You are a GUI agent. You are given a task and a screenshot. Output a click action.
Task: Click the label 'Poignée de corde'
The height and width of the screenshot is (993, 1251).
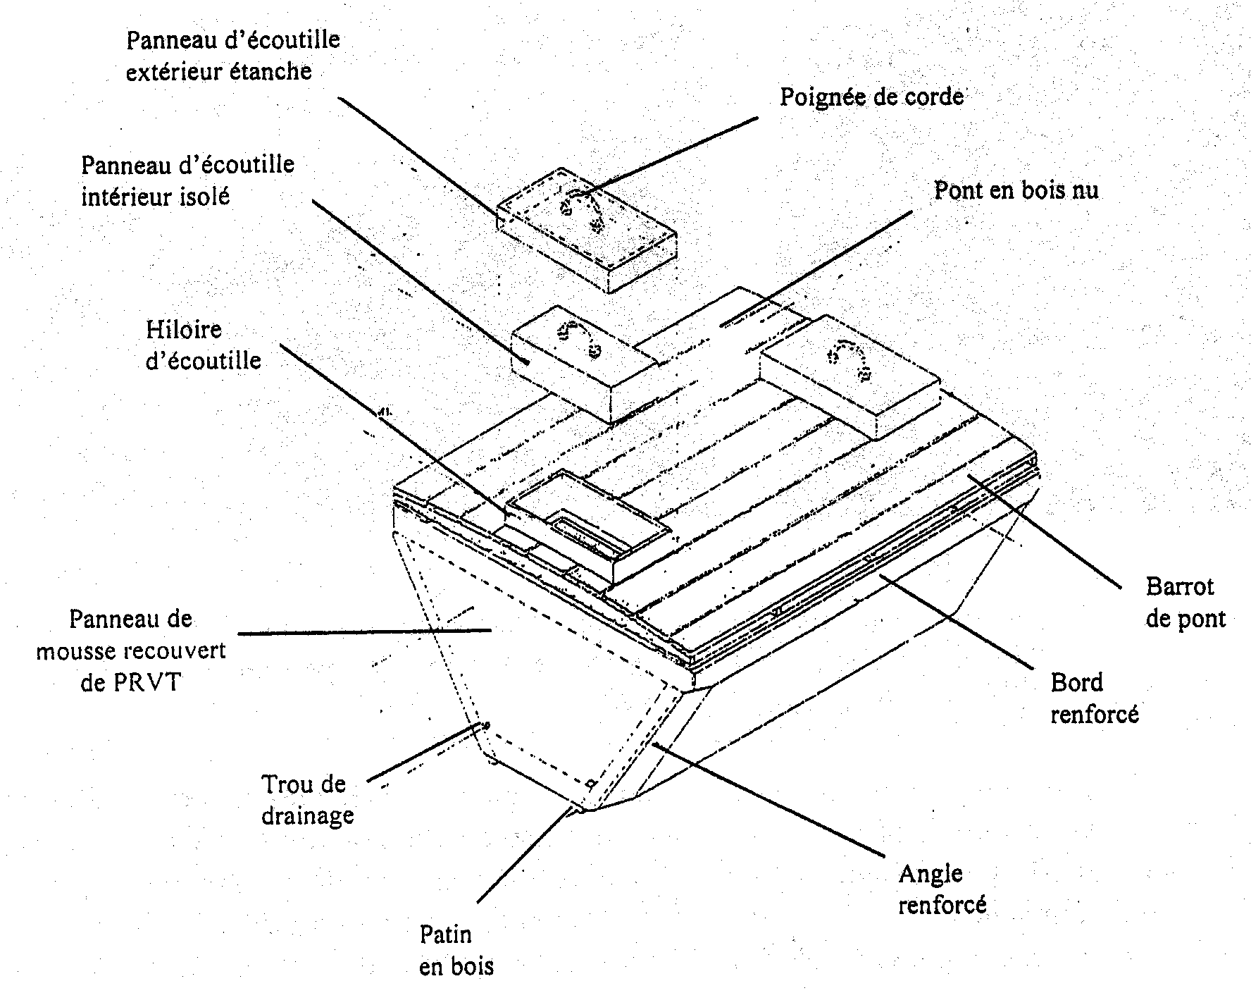(x=871, y=97)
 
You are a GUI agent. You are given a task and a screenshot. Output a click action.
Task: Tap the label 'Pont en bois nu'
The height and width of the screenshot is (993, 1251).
(x=1016, y=190)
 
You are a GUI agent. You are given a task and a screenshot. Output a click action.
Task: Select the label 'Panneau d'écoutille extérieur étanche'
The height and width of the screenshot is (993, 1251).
(x=232, y=55)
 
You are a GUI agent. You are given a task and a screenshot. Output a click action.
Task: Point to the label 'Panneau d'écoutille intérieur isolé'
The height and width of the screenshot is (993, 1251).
(x=187, y=180)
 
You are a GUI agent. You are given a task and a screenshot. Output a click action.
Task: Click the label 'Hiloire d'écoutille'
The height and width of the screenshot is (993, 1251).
(x=204, y=345)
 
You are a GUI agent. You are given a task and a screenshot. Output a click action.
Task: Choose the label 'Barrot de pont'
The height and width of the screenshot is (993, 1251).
(x=1185, y=602)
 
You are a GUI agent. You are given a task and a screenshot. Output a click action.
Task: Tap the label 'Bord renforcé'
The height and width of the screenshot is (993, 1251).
(x=1094, y=698)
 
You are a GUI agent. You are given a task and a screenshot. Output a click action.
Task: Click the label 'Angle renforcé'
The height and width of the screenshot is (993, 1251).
(x=942, y=889)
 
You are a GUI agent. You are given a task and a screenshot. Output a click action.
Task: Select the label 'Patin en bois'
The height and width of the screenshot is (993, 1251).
(x=456, y=951)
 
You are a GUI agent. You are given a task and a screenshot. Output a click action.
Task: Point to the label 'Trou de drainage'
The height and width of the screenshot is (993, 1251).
(x=307, y=799)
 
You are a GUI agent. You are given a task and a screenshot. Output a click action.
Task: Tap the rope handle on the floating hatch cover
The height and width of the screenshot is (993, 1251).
(x=582, y=210)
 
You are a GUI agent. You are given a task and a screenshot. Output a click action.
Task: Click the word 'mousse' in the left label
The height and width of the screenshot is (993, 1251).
(x=78, y=650)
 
